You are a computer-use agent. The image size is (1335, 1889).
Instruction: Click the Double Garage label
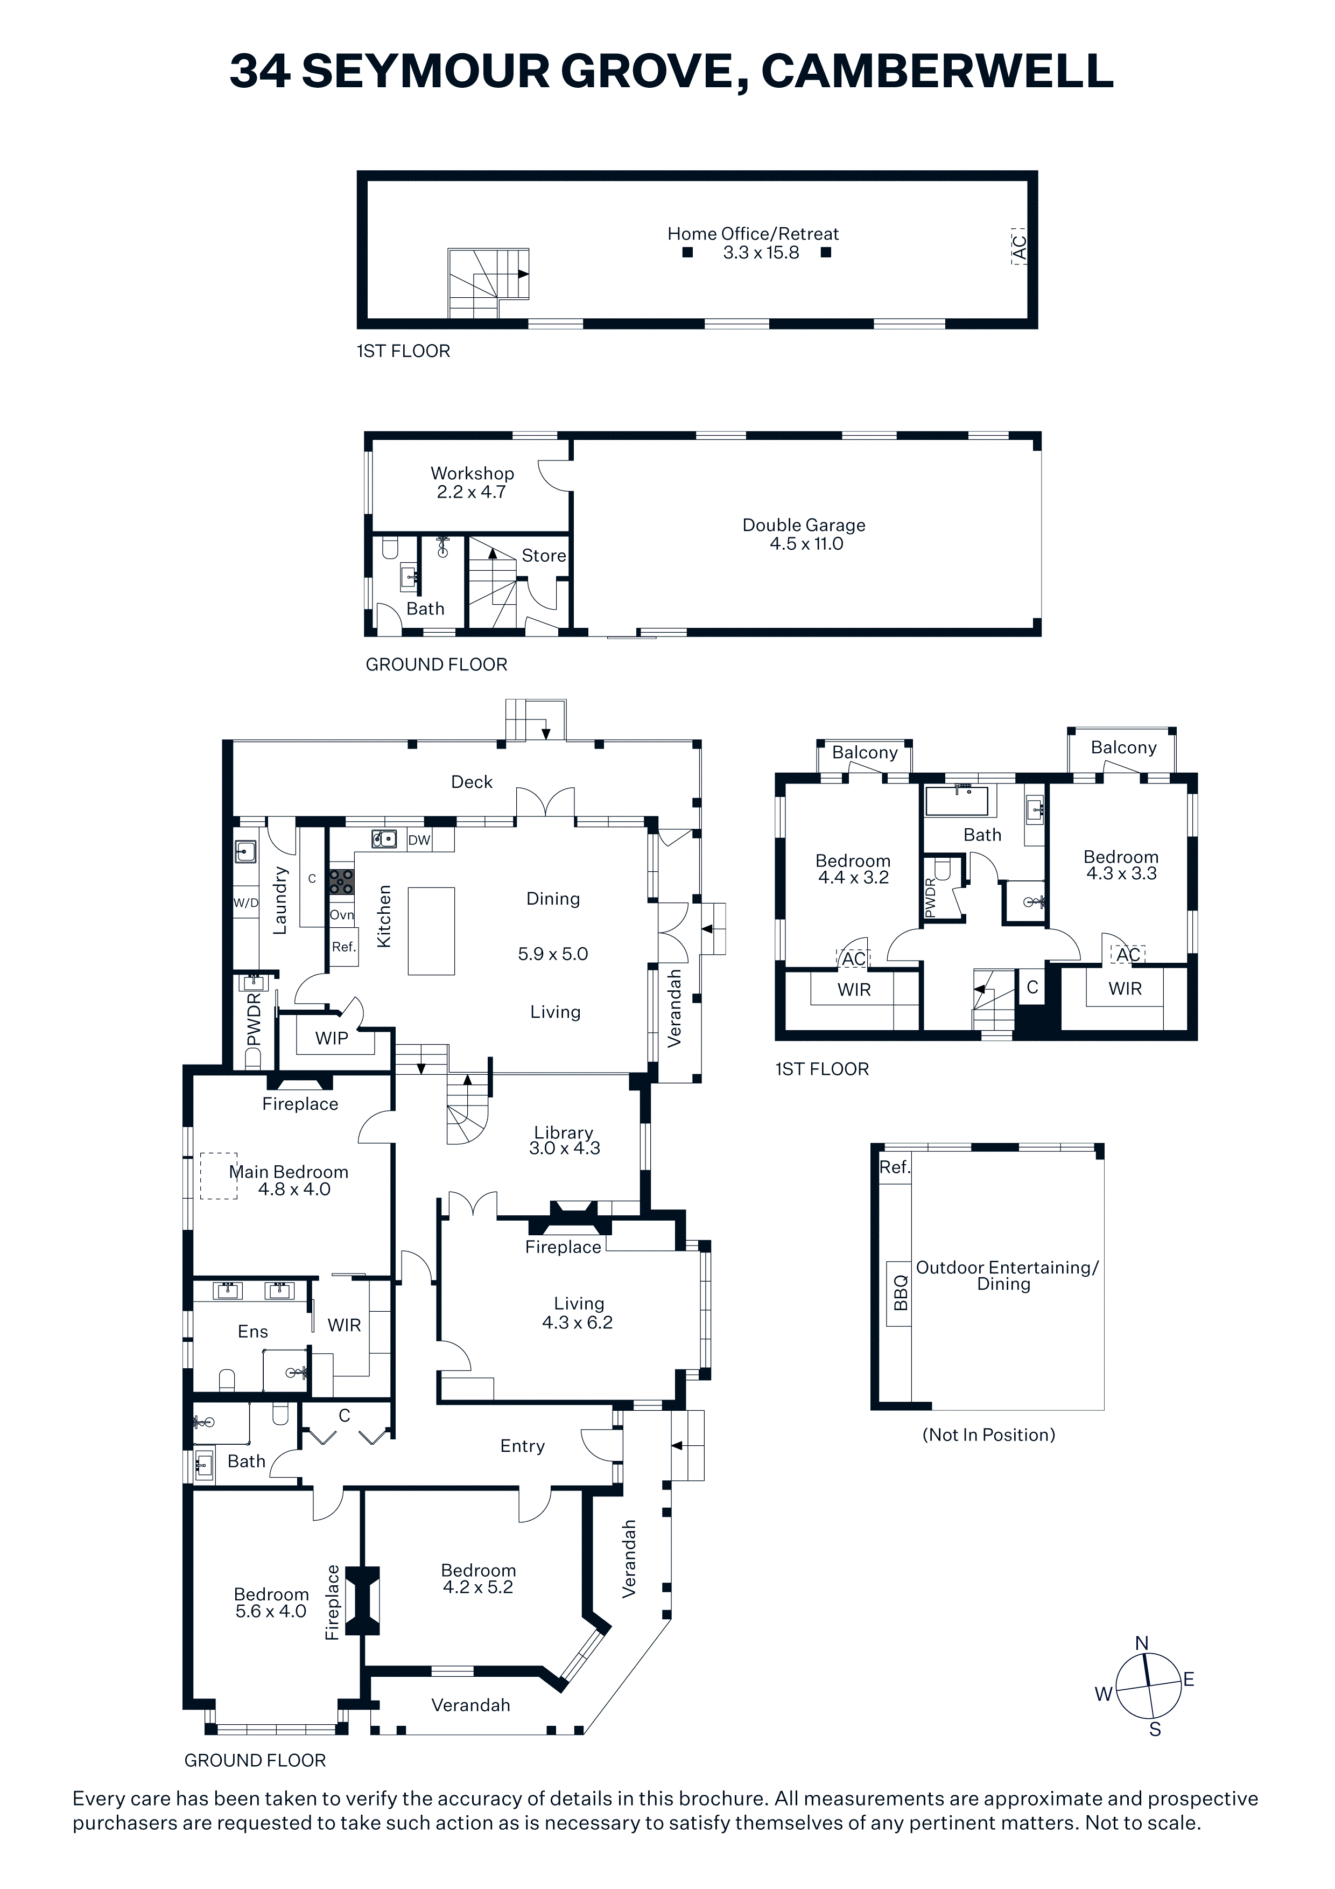[804, 525]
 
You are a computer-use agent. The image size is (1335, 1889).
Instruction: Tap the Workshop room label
[472, 473]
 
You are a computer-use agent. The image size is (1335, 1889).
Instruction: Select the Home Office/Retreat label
[753, 234]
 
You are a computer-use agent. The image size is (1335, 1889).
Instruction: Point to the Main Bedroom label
[289, 1172]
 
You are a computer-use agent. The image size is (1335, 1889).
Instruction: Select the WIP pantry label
[332, 1038]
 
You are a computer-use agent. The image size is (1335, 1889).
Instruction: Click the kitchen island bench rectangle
[431, 930]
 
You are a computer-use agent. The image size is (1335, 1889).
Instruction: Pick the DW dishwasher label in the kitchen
[419, 840]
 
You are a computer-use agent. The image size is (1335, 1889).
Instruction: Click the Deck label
[472, 781]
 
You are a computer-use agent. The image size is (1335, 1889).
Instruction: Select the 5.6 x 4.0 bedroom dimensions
[271, 1611]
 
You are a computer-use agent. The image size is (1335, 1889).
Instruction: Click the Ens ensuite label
[252, 1331]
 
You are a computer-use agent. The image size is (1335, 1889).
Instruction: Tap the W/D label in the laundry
[246, 902]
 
